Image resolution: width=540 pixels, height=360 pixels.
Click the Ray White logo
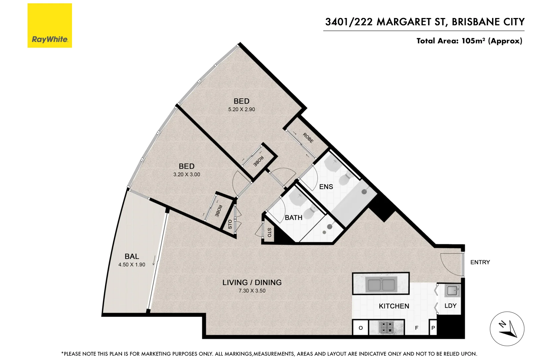coord(50,26)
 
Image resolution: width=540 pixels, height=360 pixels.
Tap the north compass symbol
coord(507,329)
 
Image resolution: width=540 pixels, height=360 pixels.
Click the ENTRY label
coord(480,262)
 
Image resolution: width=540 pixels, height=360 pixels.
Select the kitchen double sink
coord(381,285)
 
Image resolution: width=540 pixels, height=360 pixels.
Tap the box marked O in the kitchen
coord(360,328)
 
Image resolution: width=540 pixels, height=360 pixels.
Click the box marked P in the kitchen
coord(433,328)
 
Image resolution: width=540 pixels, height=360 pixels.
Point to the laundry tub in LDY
coord(452,291)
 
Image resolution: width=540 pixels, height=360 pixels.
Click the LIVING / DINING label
coord(252,282)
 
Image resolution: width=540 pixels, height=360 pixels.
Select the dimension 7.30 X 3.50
coord(252,291)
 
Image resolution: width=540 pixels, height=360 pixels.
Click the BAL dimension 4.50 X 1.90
coord(132,265)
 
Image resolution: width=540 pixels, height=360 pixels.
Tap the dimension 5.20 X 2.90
coord(241,109)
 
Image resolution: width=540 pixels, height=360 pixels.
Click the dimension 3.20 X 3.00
coord(187,174)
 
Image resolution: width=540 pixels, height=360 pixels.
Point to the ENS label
coord(326,187)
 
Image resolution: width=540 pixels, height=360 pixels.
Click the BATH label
coord(293,218)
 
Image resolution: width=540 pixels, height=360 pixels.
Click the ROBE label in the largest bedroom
coord(308,138)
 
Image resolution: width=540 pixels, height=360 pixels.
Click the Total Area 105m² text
coord(469,41)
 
